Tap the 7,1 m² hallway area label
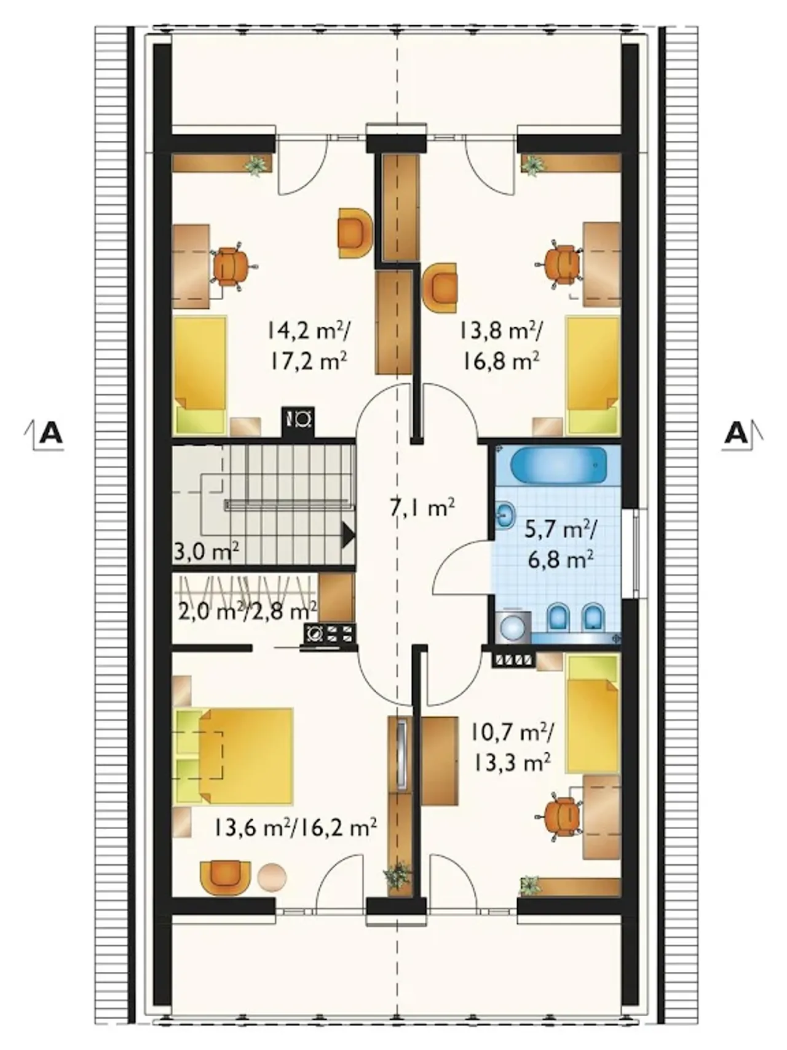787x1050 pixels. tap(422, 508)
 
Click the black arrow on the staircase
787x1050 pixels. tap(348, 535)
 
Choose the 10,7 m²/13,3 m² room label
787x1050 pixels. tap(513, 746)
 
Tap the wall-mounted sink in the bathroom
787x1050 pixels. tap(505, 515)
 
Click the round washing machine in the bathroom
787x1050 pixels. tap(512, 627)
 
